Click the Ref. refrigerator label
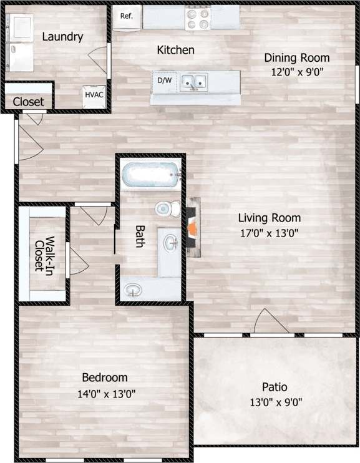pyautogui.click(x=127, y=16)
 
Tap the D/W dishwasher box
pyautogui.click(x=164, y=80)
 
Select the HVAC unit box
pyautogui.click(x=94, y=95)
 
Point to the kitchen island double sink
pyautogui.click(x=195, y=80)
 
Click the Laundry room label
pyautogui.click(x=62, y=37)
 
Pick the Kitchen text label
pyautogui.click(x=175, y=50)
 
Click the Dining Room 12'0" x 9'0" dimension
pyautogui.click(x=296, y=71)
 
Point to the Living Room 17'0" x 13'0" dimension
pyautogui.click(x=270, y=234)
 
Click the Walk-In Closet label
pyautogui.click(x=43, y=254)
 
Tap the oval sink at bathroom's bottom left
pyautogui.click(x=132, y=290)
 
